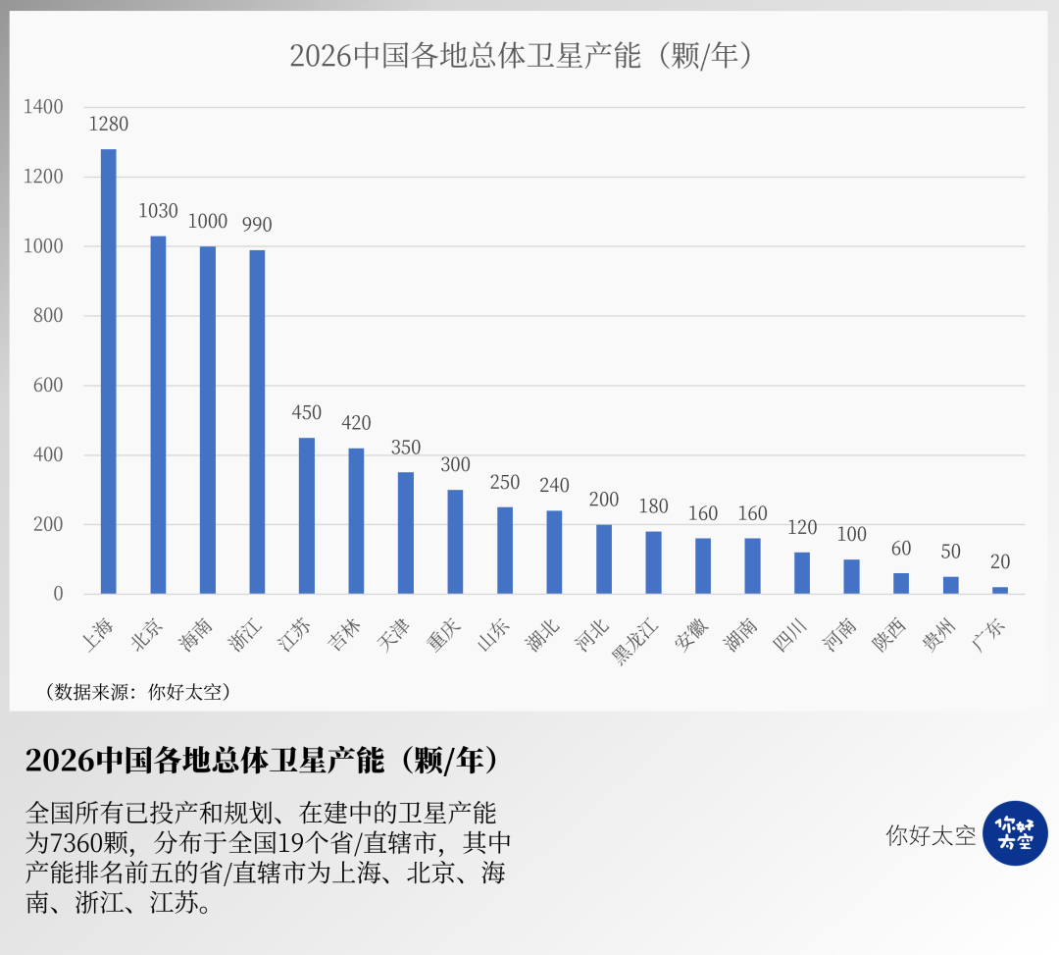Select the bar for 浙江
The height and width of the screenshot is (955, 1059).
tap(257, 422)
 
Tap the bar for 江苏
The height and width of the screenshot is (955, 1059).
tap(307, 515)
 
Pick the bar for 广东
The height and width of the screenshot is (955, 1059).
tap(1000, 590)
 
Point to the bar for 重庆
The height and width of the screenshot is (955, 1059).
tap(455, 542)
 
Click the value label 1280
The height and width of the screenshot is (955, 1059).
tap(108, 125)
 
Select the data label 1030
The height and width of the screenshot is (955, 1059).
tap(158, 211)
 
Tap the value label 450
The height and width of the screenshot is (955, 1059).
tap(307, 413)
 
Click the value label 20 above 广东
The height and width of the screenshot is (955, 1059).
tap(1000, 562)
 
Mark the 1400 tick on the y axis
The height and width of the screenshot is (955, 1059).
tap(44, 107)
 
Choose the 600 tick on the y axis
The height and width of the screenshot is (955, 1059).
tap(48, 386)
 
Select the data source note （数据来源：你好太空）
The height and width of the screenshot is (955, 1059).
tap(138, 692)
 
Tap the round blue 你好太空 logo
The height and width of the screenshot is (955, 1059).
tap(1015, 833)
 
